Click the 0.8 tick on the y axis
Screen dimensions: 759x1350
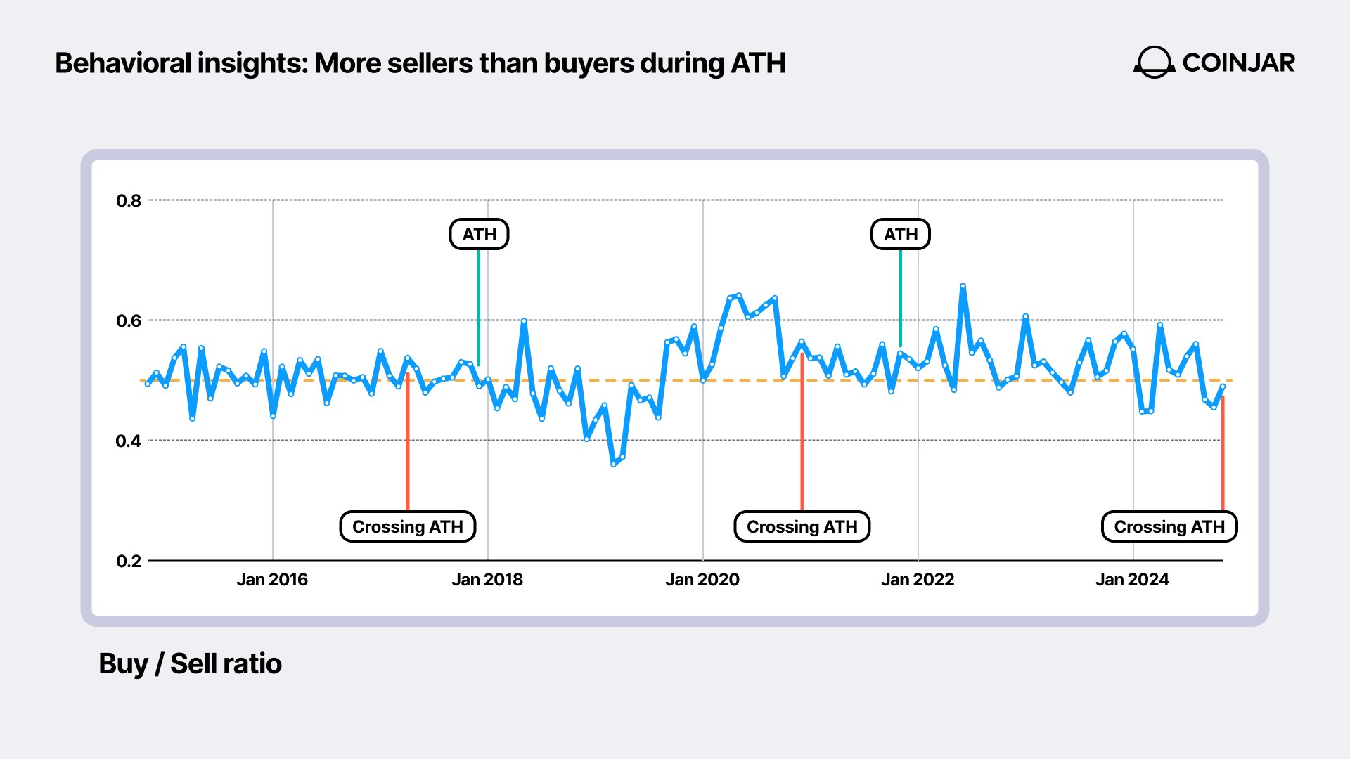click(x=129, y=201)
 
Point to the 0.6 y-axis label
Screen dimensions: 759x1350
click(x=129, y=321)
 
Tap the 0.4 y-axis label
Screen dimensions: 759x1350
click(x=129, y=441)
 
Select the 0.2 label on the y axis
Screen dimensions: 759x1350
click(x=129, y=562)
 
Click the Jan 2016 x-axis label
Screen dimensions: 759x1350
click(x=272, y=580)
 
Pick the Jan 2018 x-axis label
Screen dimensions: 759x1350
click(x=487, y=580)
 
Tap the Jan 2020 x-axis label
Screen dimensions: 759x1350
click(x=702, y=580)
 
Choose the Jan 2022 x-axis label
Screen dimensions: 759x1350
click(x=918, y=580)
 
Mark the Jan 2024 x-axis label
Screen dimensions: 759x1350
click(x=1132, y=580)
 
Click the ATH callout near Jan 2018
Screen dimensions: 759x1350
click(x=479, y=235)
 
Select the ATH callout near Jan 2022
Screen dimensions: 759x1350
click(x=901, y=235)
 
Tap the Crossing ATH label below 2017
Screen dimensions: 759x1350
click(x=408, y=527)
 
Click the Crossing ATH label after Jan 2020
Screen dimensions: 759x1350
click(x=802, y=527)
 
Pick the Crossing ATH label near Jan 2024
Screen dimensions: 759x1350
click(x=1169, y=527)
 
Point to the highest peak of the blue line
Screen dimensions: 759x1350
click(x=963, y=286)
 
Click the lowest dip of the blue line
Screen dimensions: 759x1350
click(x=613, y=464)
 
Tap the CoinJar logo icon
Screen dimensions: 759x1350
click(x=1154, y=63)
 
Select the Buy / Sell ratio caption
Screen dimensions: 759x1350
click(x=190, y=664)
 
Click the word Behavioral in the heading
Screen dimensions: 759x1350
click(x=123, y=64)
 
